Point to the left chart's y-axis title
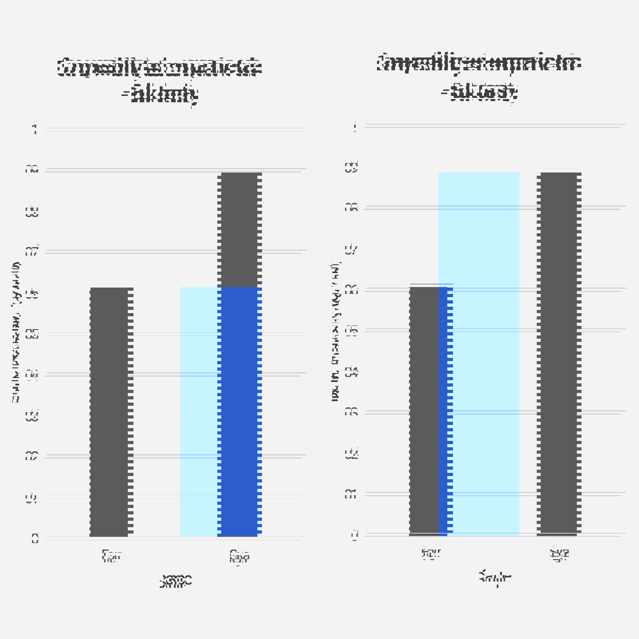(x=16, y=331)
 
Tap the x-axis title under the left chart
(x=176, y=580)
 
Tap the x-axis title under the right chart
(x=494, y=578)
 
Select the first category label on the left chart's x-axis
(x=111, y=556)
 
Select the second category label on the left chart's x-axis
(x=239, y=556)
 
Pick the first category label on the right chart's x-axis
(x=431, y=554)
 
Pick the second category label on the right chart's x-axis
(x=559, y=554)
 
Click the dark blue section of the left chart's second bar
(x=240, y=411)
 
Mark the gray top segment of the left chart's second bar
(x=240, y=230)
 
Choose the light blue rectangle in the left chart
(x=198, y=411)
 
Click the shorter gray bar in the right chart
(x=423, y=411)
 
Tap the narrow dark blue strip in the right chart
(x=445, y=411)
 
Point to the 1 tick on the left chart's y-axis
(x=35, y=130)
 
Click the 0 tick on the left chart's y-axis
(x=35, y=539)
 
